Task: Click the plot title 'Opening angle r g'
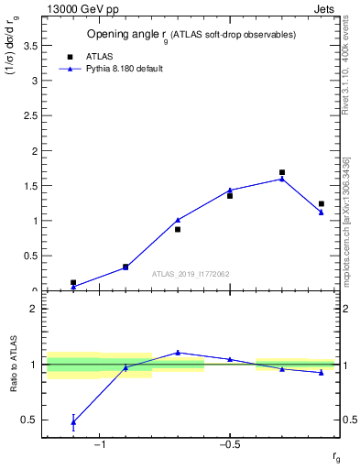(x=191, y=35)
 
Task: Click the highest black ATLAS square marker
(x=282, y=172)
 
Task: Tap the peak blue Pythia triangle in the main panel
(x=282, y=179)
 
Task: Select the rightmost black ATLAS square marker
(x=322, y=203)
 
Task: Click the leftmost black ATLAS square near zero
(x=73, y=283)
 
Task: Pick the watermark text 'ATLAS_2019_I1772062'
(x=190, y=273)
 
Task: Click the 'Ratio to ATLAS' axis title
(x=14, y=365)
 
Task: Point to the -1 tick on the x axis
(x=99, y=446)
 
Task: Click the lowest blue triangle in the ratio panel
(x=73, y=422)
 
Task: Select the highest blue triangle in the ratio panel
(x=178, y=352)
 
